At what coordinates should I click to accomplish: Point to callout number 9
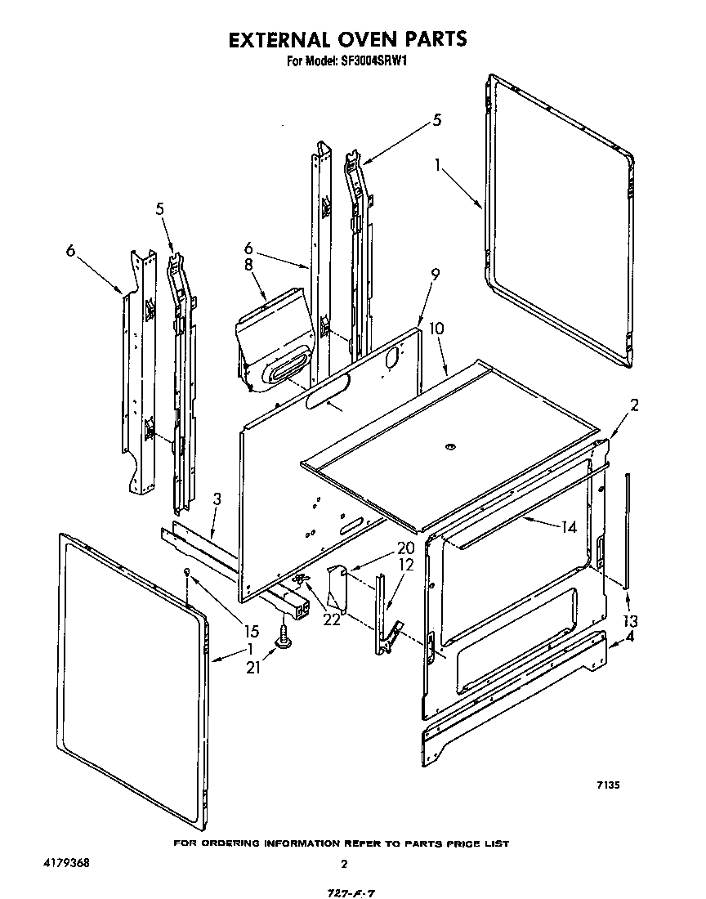(435, 275)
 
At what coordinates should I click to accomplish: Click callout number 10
(437, 329)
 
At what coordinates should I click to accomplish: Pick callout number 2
(634, 404)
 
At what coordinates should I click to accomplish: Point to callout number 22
(331, 619)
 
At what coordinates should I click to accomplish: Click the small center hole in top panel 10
(449, 446)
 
